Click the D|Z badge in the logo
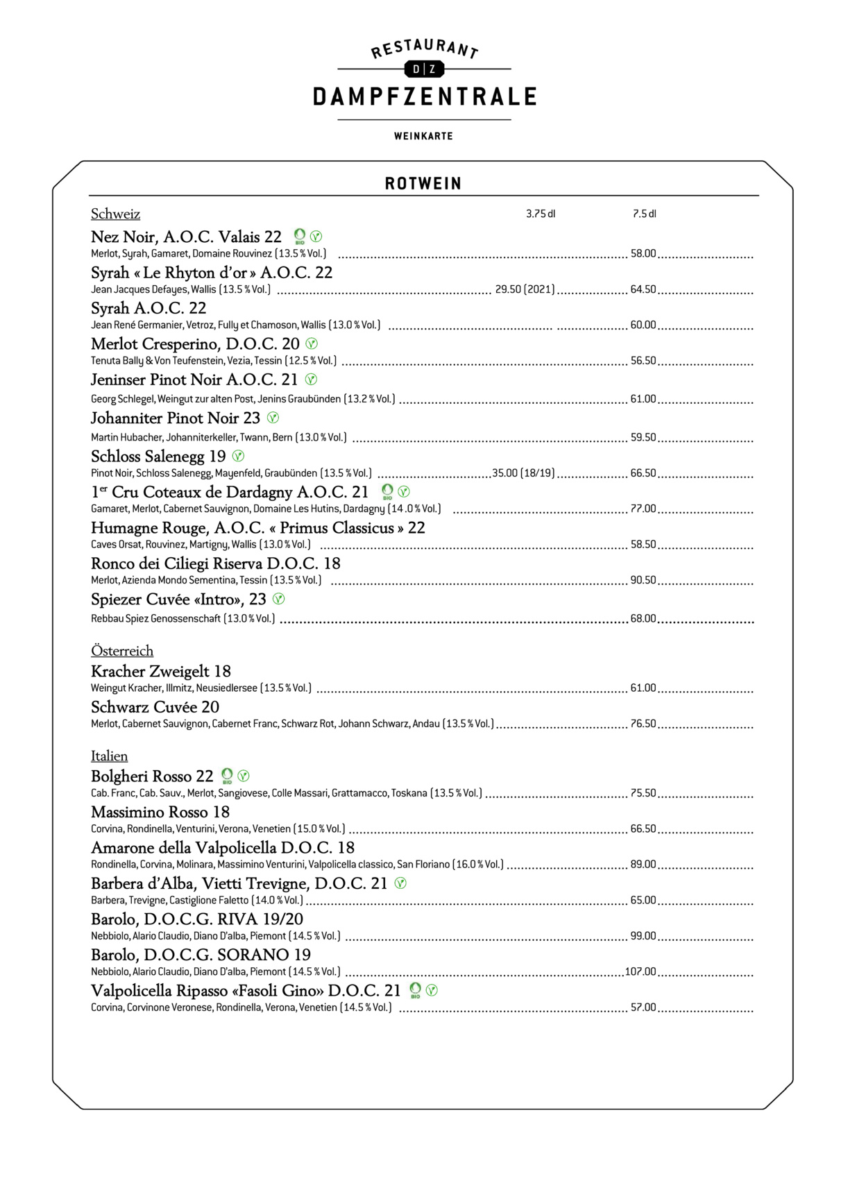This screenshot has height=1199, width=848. [423, 69]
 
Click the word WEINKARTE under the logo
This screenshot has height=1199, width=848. [423, 136]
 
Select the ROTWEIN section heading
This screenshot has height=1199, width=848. [423, 184]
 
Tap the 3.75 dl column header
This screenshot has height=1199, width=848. [541, 214]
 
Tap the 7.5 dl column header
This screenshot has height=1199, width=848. [644, 214]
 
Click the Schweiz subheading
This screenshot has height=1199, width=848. [115, 214]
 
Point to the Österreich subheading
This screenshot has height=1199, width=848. [122, 651]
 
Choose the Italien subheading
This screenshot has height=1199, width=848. [110, 756]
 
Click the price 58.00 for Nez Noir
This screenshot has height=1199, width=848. [643, 254]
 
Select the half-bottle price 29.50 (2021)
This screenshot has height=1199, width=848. [525, 289]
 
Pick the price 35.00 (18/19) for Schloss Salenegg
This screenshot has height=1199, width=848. [523, 473]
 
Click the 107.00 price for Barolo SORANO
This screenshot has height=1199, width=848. [641, 971]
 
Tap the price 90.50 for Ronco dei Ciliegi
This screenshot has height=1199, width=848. [643, 580]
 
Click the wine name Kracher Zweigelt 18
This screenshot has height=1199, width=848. [161, 671]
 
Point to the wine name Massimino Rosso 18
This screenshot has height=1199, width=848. [160, 812]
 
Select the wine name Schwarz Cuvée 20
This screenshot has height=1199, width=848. [155, 707]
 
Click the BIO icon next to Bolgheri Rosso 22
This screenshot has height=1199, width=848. [227, 776]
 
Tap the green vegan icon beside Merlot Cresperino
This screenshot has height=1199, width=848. [312, 343]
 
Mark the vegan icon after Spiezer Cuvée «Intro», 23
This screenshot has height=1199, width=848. [278, 599]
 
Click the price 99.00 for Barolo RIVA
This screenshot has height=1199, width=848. [643, 936]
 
